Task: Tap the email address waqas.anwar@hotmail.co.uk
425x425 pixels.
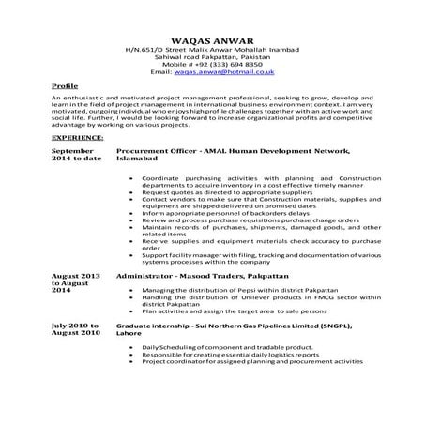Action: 231,71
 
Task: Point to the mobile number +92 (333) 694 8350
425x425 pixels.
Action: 212,63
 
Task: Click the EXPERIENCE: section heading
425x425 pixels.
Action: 79,135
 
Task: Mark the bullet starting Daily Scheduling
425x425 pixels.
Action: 219,348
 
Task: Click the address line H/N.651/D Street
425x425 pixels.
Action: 212,47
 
